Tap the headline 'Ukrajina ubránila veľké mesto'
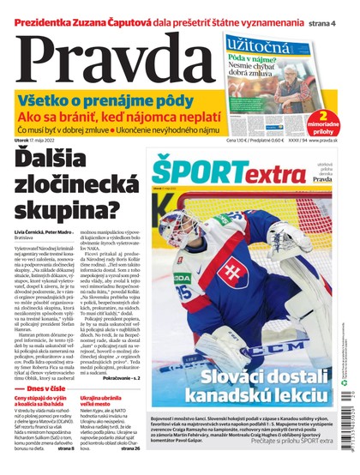tap(106, 402)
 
